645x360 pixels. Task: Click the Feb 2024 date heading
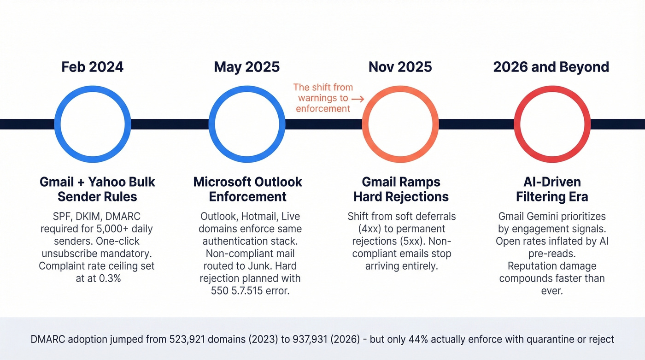92,67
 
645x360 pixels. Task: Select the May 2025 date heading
246,67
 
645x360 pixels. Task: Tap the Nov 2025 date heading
400,67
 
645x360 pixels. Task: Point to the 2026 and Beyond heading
551,67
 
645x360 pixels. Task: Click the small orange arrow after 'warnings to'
358,98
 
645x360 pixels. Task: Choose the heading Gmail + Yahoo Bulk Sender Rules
97,189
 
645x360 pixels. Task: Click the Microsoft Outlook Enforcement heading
247,189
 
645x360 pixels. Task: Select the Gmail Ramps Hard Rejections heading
401,189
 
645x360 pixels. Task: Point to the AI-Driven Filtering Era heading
552,189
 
